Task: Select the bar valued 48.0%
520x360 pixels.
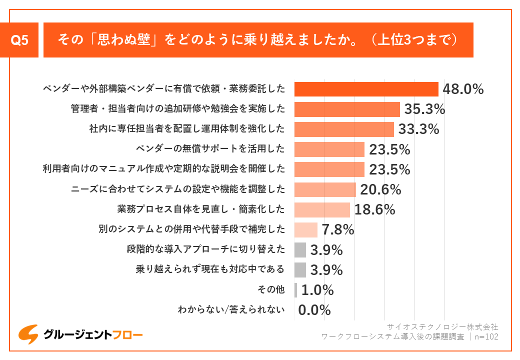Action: click(366, 89)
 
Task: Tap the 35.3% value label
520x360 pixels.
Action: click(424, 109)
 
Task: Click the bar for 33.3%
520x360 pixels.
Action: click(344, 129)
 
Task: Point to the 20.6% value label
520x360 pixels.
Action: click(380, 189)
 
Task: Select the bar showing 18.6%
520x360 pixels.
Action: click(322, 209)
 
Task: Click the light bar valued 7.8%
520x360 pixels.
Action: click(306, 229)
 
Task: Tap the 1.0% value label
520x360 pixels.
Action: click(317, 290)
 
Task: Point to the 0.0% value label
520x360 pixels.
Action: click(314, 310)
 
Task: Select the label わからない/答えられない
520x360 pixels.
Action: click(231, 310)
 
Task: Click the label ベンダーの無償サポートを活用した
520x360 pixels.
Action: click(210, 149)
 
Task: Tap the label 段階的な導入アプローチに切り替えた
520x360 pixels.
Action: click(206, 249)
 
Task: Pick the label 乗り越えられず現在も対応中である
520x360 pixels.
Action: click(210, 269)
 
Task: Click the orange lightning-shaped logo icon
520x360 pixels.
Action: click(28, 334)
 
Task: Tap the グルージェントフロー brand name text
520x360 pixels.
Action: click(93, 334)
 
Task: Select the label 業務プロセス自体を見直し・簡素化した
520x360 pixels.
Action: click(201, 209)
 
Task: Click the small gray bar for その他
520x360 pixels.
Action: click(295, 290)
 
